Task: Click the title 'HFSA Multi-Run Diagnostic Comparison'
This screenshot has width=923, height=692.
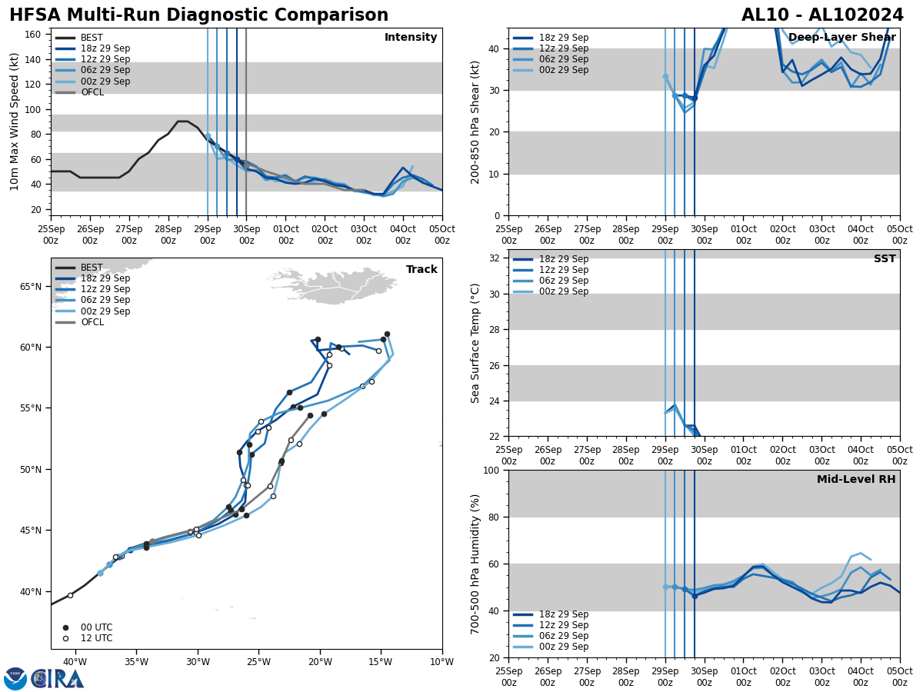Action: pos(198,15)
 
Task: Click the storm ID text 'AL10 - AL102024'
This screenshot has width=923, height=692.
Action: pos(822,15)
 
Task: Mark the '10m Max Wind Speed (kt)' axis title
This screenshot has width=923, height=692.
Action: pos(15,121)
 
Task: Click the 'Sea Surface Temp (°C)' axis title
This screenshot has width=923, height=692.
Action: pos(475,343)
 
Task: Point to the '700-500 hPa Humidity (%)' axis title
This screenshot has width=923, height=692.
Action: pos(475,564)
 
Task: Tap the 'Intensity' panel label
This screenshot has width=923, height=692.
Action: pos(410,38)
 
